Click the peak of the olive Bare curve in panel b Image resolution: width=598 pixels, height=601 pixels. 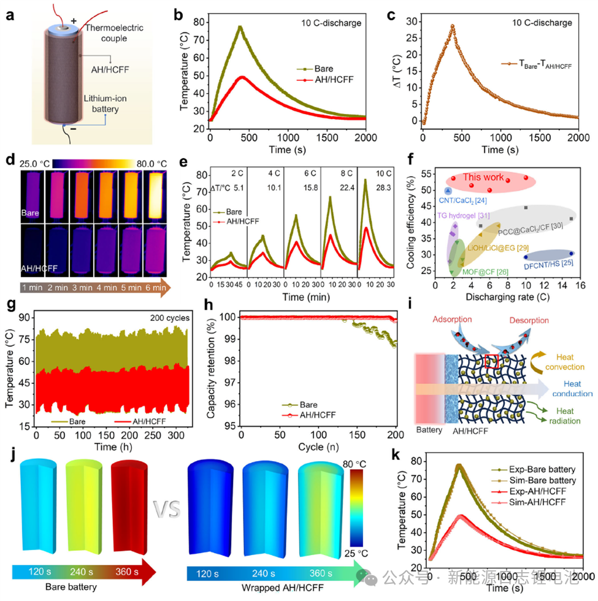tap(240, 26)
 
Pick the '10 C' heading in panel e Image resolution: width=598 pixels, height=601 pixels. tap(374, 174)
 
